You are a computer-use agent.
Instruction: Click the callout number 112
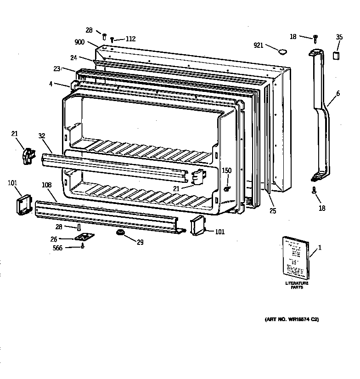130,39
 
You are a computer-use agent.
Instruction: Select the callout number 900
79,42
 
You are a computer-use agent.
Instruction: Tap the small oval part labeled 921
282,50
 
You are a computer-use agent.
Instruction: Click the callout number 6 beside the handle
338,94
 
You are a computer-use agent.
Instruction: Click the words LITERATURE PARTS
297,285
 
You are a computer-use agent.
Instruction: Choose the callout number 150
227,170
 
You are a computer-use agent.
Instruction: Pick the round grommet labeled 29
121,233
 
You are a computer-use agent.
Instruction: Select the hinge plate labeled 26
83,238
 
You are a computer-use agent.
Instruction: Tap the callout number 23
57,69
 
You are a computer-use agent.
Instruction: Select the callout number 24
73,58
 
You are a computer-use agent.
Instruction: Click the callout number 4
51,84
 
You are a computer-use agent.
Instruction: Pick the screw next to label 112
112,40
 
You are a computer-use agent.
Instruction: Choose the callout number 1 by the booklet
320,248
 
